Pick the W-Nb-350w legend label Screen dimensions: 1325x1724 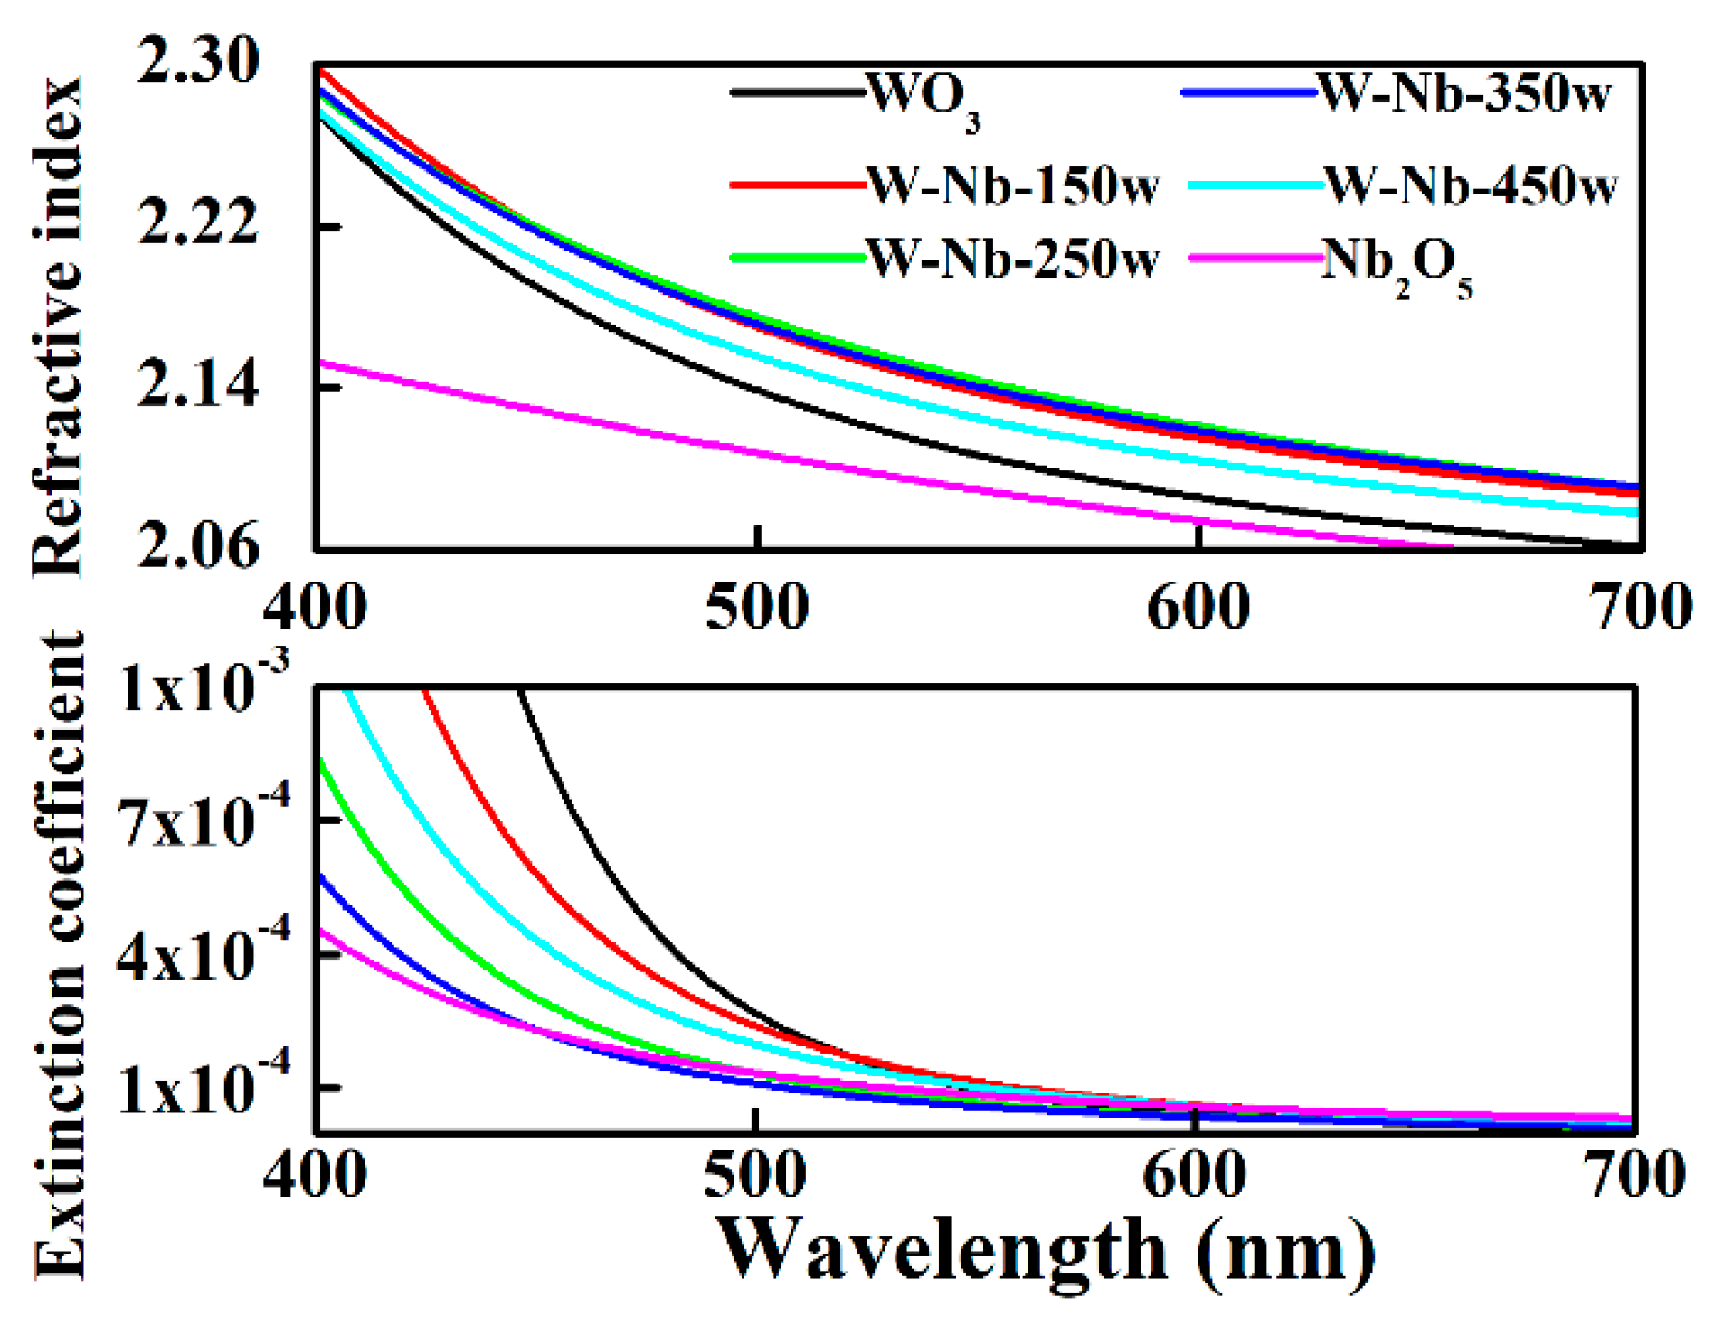(1464, 93)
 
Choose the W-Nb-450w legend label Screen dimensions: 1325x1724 (1471, 186)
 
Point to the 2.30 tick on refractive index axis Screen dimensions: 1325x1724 (198, 62)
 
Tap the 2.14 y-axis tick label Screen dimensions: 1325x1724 (198, 383)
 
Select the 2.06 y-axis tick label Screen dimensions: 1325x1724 (198, 545)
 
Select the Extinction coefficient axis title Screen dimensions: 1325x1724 (58, 954)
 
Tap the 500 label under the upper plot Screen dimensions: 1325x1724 (757, 607)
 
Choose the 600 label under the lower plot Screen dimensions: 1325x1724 (1195, 1176)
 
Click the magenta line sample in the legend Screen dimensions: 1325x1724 (1255, 259)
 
